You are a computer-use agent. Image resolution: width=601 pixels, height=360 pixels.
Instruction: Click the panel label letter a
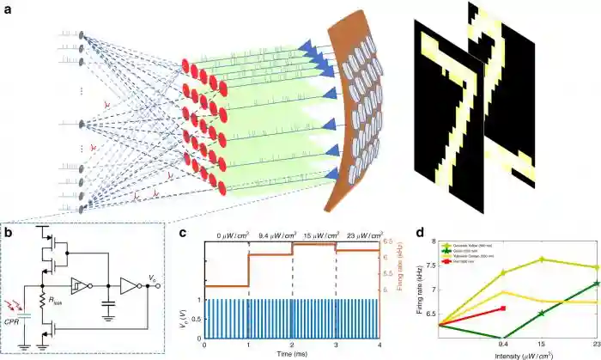[8, 9]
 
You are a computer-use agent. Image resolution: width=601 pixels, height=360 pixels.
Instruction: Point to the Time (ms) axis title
[291, 353]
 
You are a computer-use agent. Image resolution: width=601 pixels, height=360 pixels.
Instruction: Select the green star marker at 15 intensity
[540, 312]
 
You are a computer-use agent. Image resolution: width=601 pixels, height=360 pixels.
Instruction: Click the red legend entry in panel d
[468, 263]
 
